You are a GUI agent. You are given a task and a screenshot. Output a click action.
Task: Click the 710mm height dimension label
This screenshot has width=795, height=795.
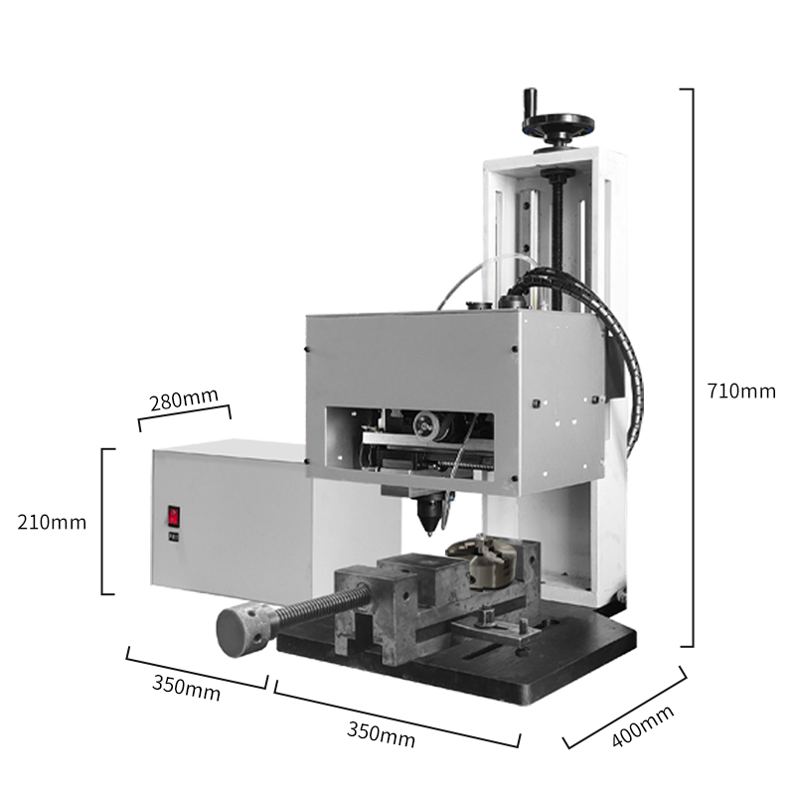click(x=741, y=392)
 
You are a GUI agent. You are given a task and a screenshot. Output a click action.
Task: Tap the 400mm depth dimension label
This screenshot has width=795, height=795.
click(x=643, y=726)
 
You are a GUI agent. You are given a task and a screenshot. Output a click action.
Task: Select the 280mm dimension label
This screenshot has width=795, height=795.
click(x=184, y=399)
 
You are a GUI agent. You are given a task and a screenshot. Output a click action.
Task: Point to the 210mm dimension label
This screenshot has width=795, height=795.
click(x=52, y=523)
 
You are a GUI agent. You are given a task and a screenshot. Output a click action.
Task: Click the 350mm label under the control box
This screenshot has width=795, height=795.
click(x=186, y=688)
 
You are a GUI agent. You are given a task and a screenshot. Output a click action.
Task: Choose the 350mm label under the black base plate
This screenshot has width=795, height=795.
click(x=381, y=734)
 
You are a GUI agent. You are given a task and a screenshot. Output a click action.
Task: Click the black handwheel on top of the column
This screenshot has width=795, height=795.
click(x=557, y=126)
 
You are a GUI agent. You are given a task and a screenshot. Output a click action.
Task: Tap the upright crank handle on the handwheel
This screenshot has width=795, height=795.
click(x=531, y=104)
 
